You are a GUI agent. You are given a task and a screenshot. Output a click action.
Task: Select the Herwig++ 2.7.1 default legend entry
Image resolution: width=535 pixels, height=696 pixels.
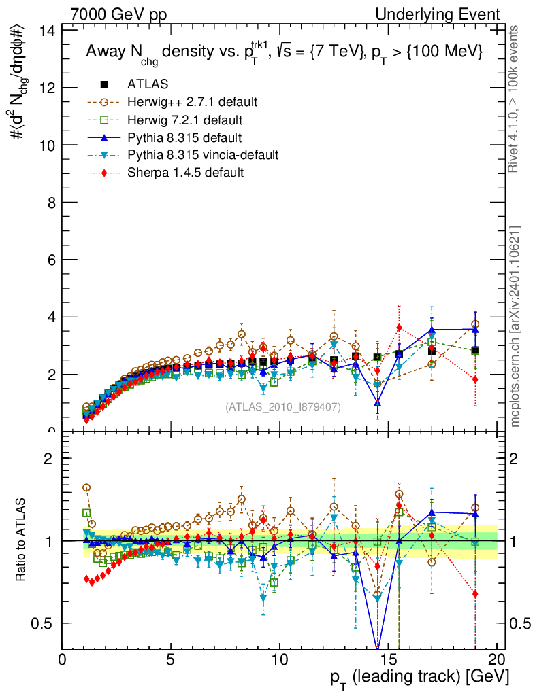point(192,102)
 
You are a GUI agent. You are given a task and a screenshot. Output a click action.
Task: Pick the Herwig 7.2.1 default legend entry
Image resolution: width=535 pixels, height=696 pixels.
point(185,120)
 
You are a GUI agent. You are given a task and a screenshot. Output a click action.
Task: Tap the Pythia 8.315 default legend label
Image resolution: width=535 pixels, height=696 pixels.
point(184,137)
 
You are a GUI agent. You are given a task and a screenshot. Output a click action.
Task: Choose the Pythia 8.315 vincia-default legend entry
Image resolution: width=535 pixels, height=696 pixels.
point(203,155)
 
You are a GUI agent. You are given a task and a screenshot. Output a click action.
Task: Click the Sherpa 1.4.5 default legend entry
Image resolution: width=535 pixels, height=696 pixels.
point(185,173)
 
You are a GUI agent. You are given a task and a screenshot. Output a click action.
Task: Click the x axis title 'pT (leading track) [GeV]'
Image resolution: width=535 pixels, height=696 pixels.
point(419,678)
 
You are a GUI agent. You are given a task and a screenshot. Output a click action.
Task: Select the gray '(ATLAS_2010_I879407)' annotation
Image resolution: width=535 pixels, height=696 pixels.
point(283,406)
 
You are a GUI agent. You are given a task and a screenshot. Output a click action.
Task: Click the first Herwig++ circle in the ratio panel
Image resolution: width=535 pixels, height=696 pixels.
point(86,488)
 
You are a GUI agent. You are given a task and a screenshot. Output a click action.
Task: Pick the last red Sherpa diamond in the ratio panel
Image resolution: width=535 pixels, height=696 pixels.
point(475,594)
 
